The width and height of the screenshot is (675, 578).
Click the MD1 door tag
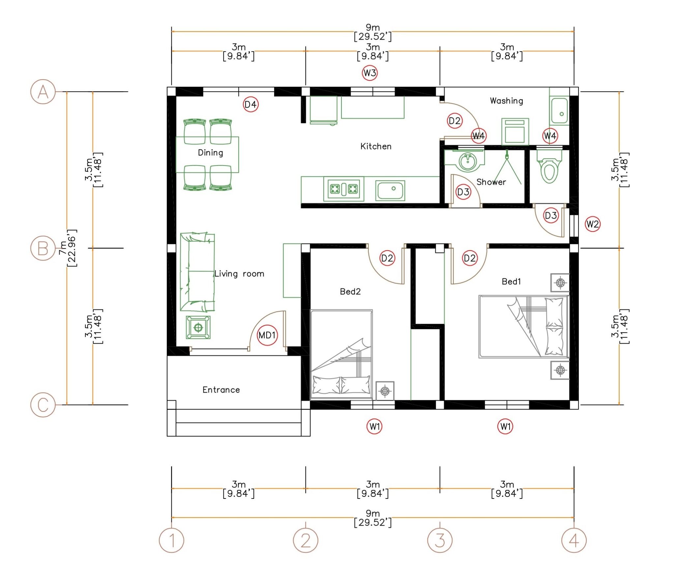coord(267,335)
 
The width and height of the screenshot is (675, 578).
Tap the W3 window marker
coord(369,73)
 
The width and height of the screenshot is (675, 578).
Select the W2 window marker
coord(592,224)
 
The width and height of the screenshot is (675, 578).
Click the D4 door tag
coord(250,105)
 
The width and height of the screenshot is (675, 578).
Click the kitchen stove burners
coord(344,189)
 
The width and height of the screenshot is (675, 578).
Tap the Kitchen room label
coord(376,146)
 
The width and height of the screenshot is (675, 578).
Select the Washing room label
coord(506,101)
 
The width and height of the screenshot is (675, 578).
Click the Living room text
coord(239,274)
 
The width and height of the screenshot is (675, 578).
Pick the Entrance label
coord(221,390)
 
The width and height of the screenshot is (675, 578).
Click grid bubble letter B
coord(43,248)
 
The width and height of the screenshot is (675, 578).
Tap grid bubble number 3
coord(440,540)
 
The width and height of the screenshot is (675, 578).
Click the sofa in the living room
coord(197,272)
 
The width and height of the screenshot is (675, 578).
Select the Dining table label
coord(210,153)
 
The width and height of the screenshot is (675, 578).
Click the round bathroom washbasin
coord(467,162)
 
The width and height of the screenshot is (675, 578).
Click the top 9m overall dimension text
coord(373,32)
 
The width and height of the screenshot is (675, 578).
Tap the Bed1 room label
coord(511,282)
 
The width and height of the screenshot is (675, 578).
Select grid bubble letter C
coord(43,405)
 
